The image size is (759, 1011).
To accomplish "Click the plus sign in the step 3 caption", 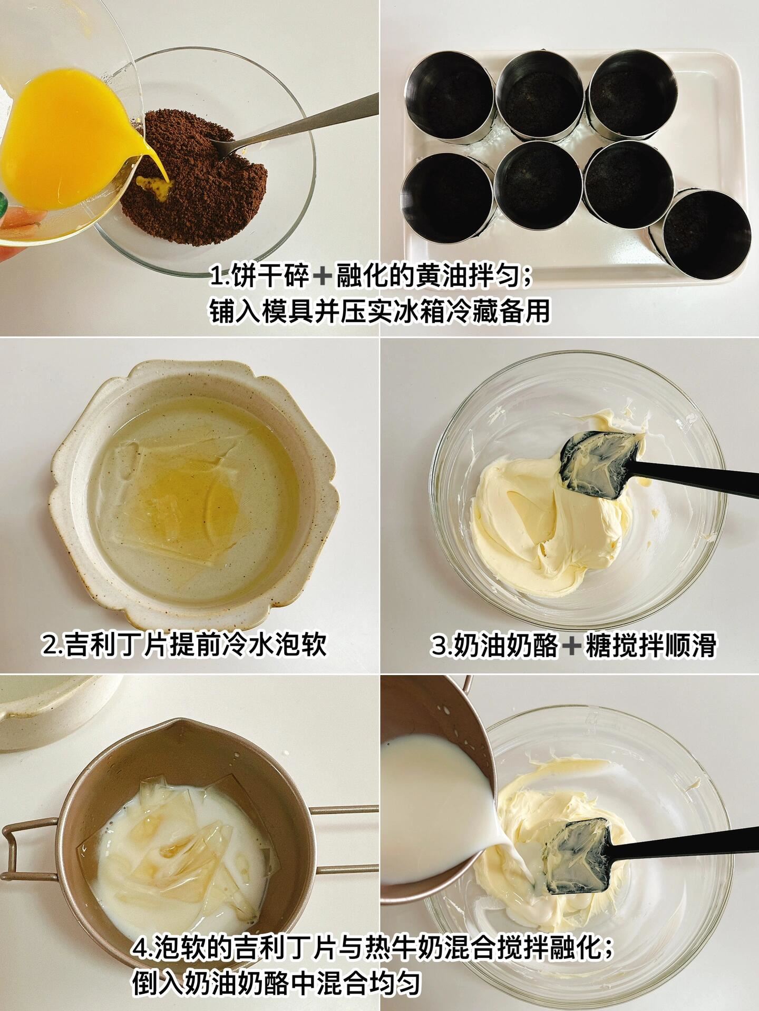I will click(571, 646).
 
